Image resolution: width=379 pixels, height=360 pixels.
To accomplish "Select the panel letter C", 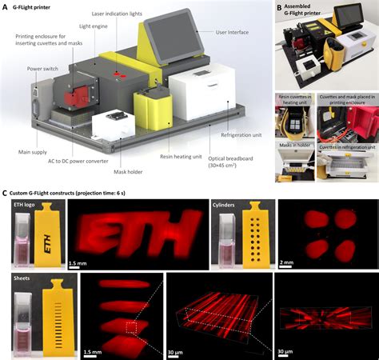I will pos(6,193).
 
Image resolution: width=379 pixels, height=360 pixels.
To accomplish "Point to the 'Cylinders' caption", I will pos(226,205).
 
